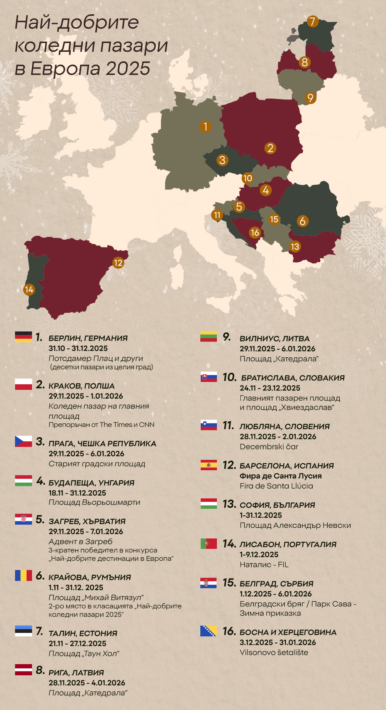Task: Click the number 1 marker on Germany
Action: coord(205,126)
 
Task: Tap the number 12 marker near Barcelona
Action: coord(118,263)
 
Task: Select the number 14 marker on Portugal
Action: coord(29,289)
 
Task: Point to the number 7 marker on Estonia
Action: coord(313,22)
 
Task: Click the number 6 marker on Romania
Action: coord(303,221)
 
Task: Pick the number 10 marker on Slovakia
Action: coord(247,178)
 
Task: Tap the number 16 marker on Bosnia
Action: coord(255,232)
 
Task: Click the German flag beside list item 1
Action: coord(24,336)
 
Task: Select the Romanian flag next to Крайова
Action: coord(24,575)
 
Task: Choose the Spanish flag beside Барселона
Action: coord(209,465)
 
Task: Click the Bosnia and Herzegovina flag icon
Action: coord(208,631)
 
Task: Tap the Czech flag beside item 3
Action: coord(24,441)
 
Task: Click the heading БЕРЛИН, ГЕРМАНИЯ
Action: coord(88,338)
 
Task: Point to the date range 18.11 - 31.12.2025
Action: coord(77,493)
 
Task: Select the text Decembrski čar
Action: coord(269,447)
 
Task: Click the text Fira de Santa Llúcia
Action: coord(276,486)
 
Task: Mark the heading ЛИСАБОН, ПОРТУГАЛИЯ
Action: coord(288,544)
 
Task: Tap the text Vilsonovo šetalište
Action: coord(274,653)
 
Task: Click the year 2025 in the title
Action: coord(128,69)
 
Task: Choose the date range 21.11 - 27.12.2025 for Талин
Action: coord(77,643)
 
